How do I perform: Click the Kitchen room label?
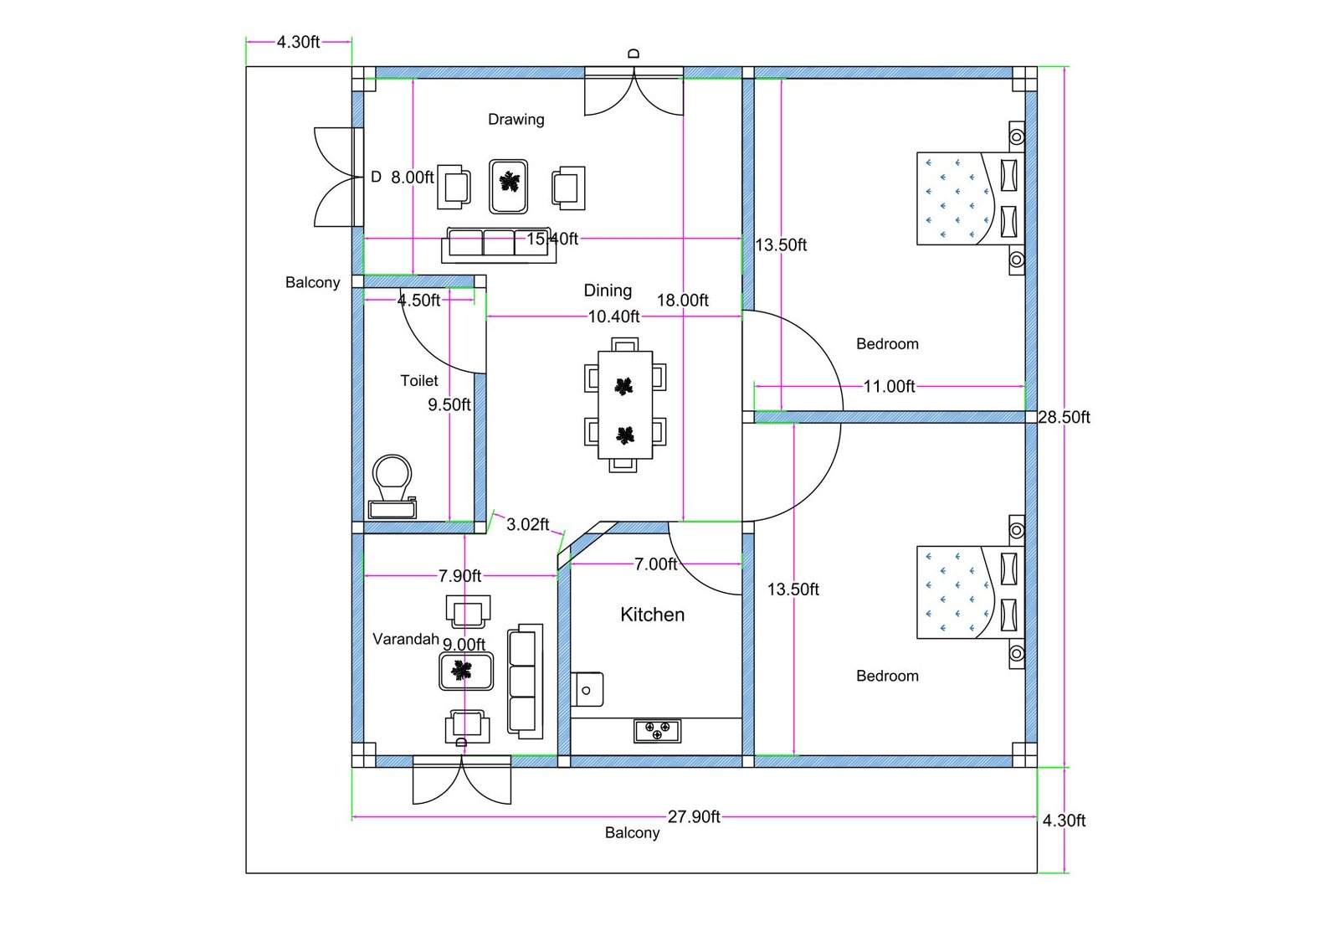(x=652, y=615)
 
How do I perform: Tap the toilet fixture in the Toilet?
(x=392, y=486)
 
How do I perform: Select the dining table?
(x=625, y=405)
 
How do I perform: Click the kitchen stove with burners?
(x=657, y=731)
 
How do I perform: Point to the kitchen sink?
(x=587, y=689)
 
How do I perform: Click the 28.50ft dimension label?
(x=1064, y=417)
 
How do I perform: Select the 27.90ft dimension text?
(x=694, y=816)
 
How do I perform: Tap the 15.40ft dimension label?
(x=552, y=239)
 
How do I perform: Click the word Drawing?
(x=516, y=120)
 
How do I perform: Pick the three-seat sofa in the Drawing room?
(x=499, y=244)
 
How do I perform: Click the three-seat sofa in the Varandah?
(x=525, y=681)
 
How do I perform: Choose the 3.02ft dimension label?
(x=527, y=524)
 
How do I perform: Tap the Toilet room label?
(x=418, y=381)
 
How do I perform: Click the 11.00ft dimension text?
(x=889, y=387)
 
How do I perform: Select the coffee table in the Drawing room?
(x=509, y=186)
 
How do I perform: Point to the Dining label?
(x=608, y=291)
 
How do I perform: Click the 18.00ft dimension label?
(x=682, y=301)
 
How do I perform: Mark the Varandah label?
(x=405, y=639)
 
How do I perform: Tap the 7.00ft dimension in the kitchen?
(x=655, y=564)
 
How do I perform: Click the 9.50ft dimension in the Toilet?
(x=449, y=405)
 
